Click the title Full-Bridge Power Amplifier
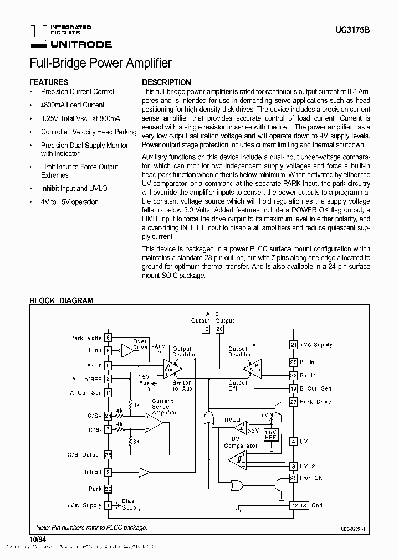tap(100, 63)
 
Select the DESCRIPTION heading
tap(166, 82)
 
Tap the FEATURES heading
tap(49, 82)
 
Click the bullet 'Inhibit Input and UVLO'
tap(74, 188)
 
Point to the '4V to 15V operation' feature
tap(69, 202)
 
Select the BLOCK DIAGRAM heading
tap(61, 301)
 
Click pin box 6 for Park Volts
tap(109, 338)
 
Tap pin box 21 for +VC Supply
tap(293, 345)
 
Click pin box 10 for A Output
tap(205, 329)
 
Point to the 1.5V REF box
tap(270, 434)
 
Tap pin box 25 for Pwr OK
tap(293, 478)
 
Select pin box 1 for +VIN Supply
tap(109, 505)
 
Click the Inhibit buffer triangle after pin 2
tap(144, 473)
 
